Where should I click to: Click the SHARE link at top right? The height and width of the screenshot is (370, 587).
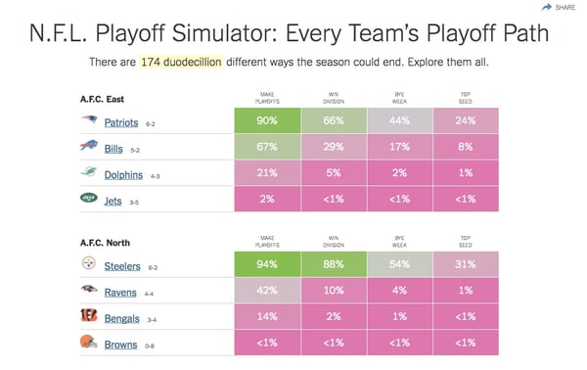point(561,7)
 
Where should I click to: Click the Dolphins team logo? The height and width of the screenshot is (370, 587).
point(89,173)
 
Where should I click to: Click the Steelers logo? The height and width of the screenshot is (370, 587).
point(89,265)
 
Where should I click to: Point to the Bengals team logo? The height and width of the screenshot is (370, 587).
point(89,316)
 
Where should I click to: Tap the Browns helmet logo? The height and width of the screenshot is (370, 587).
point(89,342)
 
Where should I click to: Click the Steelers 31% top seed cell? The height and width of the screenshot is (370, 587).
point(466,264)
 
